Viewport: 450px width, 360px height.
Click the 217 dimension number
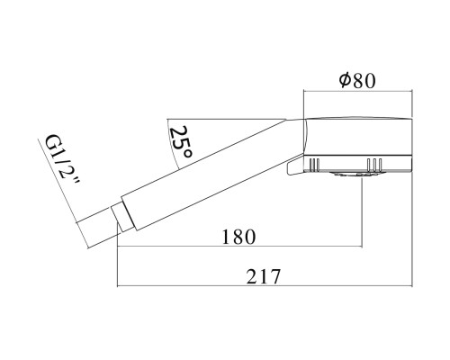tap(264, 277)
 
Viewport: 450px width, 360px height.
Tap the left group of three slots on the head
tap(315, 166)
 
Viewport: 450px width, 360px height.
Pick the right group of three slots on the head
tap(374, 166)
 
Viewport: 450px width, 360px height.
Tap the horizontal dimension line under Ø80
tap(357, 92)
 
